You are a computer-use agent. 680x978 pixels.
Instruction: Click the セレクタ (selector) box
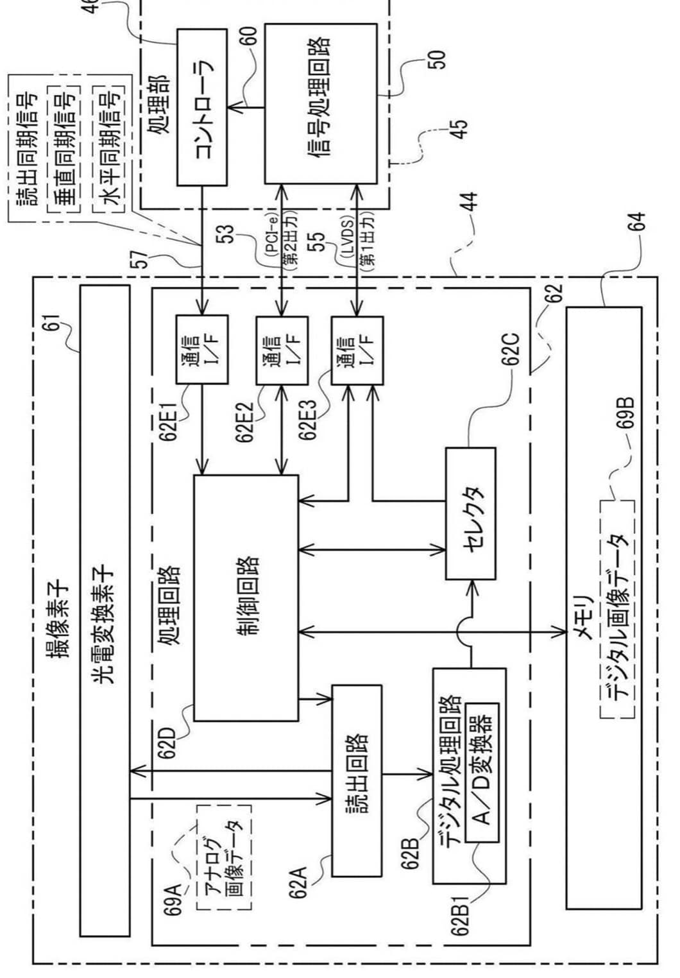coord(470,513)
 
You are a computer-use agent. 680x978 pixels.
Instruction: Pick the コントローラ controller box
coord(202,107)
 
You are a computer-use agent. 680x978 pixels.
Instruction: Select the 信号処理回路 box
coord(321,103)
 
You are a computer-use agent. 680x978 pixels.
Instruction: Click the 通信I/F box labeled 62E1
coord(202,350)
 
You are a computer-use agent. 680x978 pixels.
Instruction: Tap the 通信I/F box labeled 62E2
coord(282,350)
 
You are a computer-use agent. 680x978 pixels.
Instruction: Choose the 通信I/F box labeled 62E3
coord(357,350)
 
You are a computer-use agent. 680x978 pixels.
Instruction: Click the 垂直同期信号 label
coord(64,147)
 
